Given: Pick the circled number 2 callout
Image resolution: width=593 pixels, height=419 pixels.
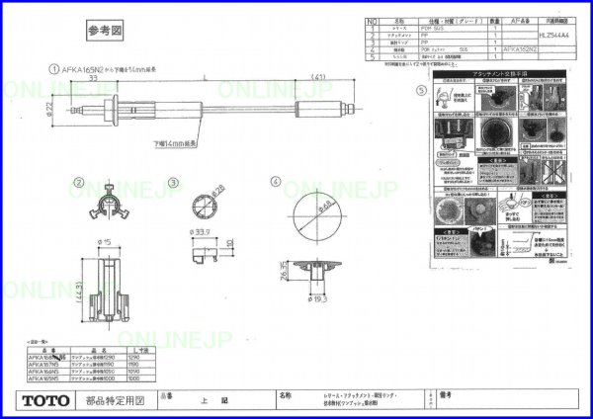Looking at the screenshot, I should click(x=77, y=183).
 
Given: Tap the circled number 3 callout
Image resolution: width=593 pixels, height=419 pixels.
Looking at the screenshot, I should click(x=172, y=183).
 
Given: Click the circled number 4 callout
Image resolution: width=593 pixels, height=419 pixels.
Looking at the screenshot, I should click(x=276, y=182).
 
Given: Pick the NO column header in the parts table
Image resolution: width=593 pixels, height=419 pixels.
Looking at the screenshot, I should click(x=372, y=19).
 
